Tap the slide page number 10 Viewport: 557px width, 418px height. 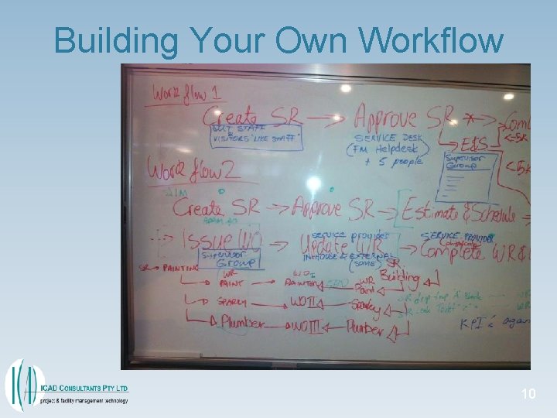pyautogui.click(x=528, y=395)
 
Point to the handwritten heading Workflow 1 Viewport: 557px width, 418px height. pyautogui.click(x=186, y=93)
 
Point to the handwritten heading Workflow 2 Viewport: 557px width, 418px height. pyautogui.click(x=183, y=170)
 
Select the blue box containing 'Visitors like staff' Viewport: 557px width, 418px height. pyautogui.click(x=255, y=138)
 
